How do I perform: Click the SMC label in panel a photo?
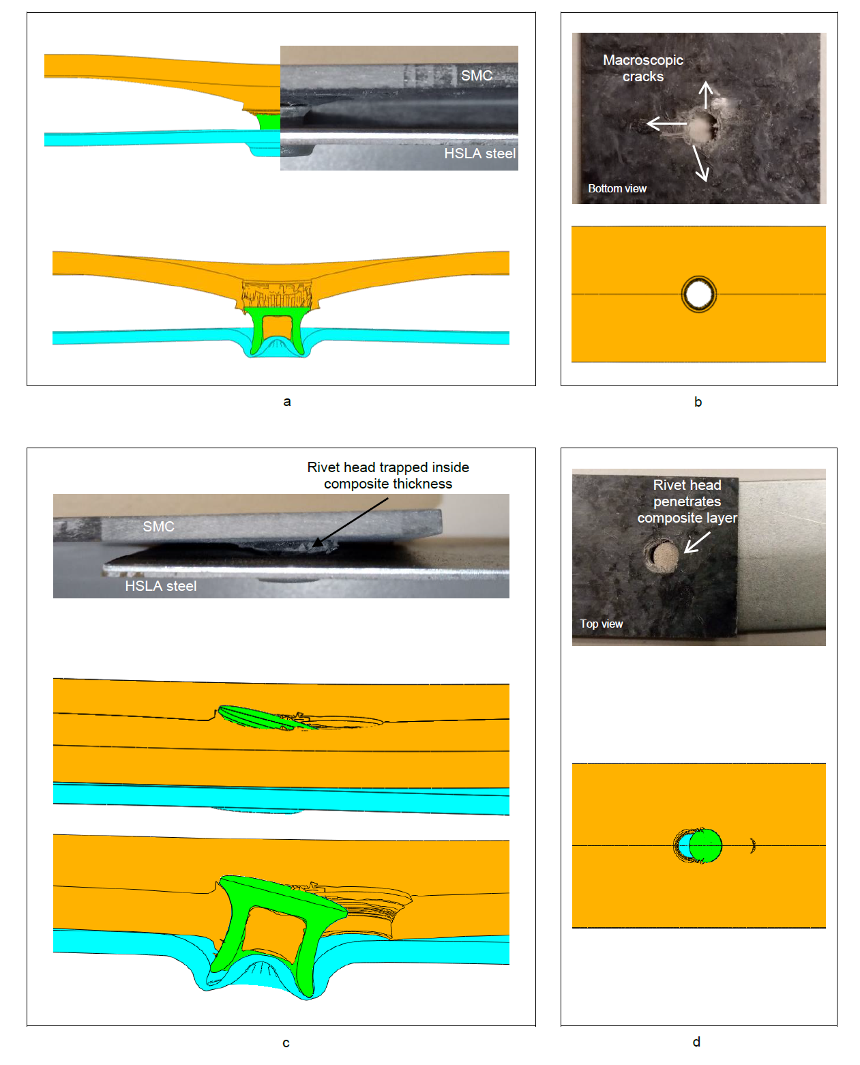point(476,76)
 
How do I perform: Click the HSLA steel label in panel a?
point(479,153)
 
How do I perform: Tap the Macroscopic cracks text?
point(642,68)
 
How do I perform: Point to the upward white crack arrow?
point(705,95)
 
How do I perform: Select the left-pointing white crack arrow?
point(666,123)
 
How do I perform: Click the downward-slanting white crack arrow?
point(700,163)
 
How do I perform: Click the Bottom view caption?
point(617,188)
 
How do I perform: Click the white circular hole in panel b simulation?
point(698,294)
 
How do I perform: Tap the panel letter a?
point(286,401)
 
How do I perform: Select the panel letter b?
point(698,401)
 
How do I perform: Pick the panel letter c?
point(285,1042)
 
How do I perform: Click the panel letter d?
point(696,1042)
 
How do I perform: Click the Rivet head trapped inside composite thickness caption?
point(388,475)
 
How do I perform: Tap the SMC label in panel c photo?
point(158,526)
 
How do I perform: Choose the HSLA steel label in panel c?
point(160,585)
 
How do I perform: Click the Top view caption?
point(601,624)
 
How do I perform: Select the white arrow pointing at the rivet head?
point(696,542)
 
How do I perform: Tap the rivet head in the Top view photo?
point(665,555)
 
